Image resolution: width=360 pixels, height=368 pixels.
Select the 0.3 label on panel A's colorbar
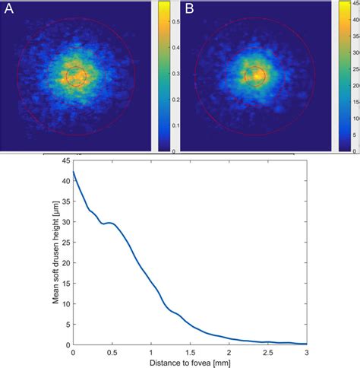tap(175, 74)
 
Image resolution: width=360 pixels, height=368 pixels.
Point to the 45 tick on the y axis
tap(65, 160)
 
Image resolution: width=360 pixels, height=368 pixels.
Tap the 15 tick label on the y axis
tap(65, 284)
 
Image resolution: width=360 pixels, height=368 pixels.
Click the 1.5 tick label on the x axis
tap(190, 352)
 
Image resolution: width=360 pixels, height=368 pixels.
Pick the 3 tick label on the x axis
tap(307, 352)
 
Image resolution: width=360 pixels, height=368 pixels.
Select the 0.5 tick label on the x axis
tap(112, 352)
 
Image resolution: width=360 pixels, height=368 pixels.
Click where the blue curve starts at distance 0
tap(73, 172)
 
